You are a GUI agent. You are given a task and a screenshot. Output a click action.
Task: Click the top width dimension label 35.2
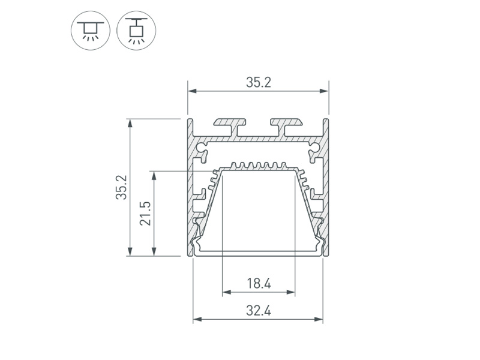pyautogui.click(x=259, y=82)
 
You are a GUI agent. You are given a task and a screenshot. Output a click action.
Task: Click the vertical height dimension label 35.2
pyautogui.click(x=121, y=187)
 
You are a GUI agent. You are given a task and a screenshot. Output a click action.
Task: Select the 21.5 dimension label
pyautogui.click(x=145, y=214)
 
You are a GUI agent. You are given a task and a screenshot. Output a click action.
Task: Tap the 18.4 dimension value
pyautogui.click(x=259, y=283)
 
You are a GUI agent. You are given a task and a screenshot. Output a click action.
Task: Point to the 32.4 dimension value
pyautogui.click(x=259, y=311)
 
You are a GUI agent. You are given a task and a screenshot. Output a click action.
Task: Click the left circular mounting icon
pyautogui.click(x=91, y=31)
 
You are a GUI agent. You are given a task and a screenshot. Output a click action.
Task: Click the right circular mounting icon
pyautogui.click(x=136, y=31)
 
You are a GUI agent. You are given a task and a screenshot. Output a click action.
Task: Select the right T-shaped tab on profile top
pyautogui.click(x=287, y=127)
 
